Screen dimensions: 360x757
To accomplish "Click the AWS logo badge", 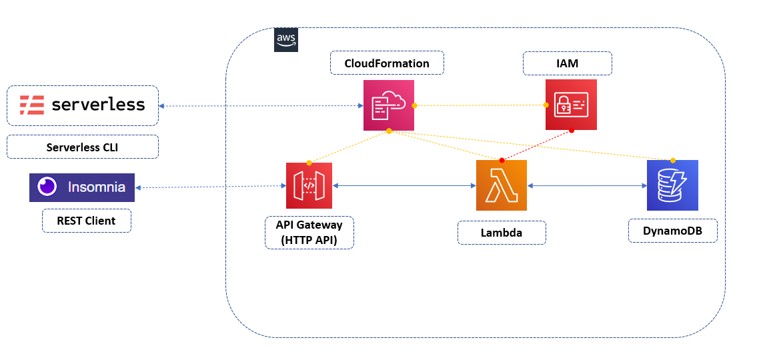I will [x=287, y=40].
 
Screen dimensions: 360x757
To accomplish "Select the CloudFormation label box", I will [x=387, y=63].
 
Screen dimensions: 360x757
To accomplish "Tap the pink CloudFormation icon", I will [x=389, y=105].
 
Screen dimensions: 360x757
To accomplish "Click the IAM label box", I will [x=568, y=63].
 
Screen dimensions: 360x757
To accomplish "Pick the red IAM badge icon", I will [x=571, y=105].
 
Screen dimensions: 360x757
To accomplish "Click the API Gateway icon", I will [x=309, y=185].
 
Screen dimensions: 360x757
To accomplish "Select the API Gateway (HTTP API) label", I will [x=309, y=232].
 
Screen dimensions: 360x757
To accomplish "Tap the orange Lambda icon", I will [x=502, y=185].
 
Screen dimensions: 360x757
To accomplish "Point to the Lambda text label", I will [x=502, y=233].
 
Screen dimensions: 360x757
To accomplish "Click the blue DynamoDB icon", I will [x=672, y=185].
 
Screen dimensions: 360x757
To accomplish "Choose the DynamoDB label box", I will [x=672, y=231].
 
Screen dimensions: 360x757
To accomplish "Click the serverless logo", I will [x=83, y=105].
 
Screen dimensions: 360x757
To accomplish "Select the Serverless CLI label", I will [x=83, y=147].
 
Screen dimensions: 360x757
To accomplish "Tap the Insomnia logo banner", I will [x=82, y=187].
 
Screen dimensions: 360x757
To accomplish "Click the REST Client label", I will [x=87, y=221].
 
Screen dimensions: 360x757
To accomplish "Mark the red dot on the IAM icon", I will [x=572, y=131].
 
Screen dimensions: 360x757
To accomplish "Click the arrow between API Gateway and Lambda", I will [x=404, y=187].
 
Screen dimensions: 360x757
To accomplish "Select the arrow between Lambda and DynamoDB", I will [x=587, y=187].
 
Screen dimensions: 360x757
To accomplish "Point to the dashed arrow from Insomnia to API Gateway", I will [x=210, y=187].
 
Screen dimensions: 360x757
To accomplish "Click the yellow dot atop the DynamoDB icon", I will [x=672, y=160].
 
